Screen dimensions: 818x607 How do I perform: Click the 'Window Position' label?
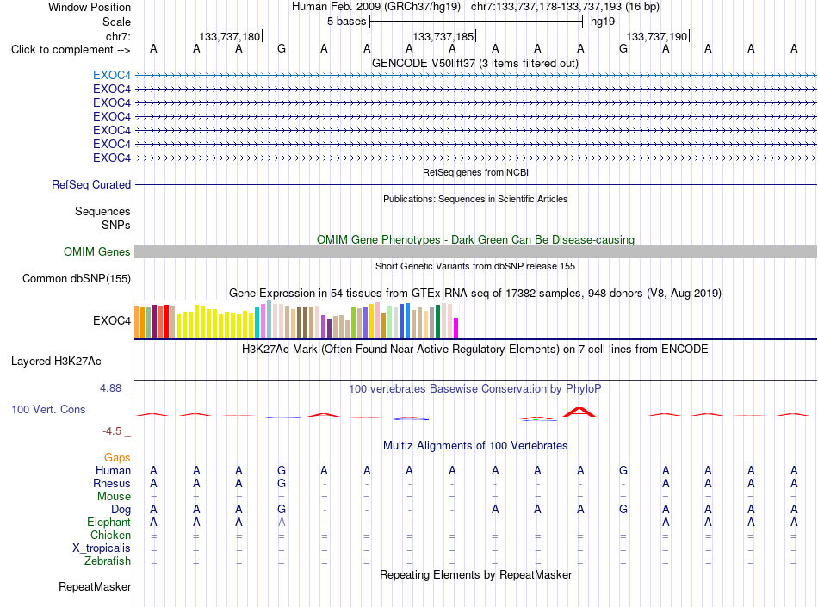coord(90,7)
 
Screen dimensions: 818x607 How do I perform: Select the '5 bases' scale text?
coord(346,22)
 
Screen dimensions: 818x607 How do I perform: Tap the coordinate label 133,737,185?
coord(443,36)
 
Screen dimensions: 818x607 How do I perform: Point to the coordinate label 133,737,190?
coord(656,36)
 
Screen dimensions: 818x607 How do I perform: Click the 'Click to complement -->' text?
coord(71,50)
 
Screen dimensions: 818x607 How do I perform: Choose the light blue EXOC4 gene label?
coord(112,75)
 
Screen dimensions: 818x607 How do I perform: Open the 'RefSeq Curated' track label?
coord(91,184)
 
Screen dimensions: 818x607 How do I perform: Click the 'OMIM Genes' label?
coord(96,252)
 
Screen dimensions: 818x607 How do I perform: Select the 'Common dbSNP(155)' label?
coord(76,278)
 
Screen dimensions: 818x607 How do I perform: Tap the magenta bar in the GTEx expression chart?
coord(456,327)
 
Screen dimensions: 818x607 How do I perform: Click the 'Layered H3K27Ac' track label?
coord(56,362)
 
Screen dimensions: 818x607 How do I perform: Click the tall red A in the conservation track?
coord(579,412)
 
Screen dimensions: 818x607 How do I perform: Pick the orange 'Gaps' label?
coord(117,457)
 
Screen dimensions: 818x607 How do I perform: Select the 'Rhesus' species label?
coord(112,483)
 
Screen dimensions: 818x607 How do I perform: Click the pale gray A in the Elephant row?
coord(282,522)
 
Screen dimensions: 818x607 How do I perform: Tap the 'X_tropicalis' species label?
coord(102,548)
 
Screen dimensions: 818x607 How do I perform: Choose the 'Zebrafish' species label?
coord(108,561)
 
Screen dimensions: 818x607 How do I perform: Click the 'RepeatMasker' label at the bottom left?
coord(95,586)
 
